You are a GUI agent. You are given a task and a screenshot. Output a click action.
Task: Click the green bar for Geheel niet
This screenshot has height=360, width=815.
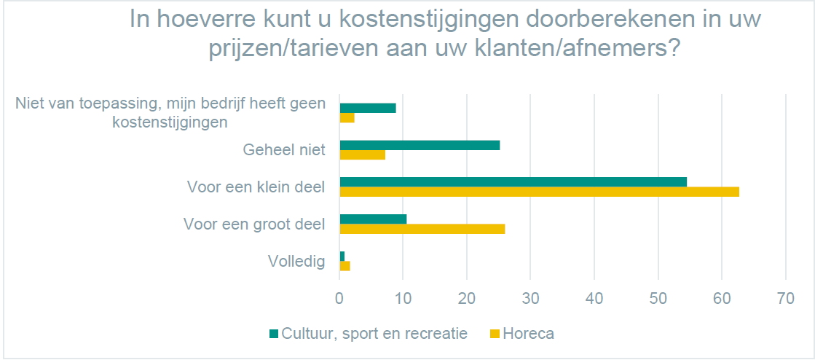point(420,145)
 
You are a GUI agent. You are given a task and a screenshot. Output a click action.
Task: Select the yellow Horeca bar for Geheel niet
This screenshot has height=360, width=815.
point(362,154)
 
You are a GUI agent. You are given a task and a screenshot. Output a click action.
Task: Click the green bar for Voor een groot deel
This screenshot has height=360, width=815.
point(373,219)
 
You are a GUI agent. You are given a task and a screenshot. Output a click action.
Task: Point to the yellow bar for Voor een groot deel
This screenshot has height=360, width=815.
point(422,229)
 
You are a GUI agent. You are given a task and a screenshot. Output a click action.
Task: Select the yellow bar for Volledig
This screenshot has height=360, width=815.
point(344,266)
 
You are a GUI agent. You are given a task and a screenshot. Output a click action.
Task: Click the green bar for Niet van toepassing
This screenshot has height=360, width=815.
point(368,108)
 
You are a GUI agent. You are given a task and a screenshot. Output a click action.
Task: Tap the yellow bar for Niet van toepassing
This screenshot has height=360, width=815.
point(347,118)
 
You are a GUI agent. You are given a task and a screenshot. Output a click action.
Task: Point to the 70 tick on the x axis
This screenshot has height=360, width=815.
point(785,298)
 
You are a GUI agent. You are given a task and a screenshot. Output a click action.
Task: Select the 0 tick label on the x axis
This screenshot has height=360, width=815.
point(339,298)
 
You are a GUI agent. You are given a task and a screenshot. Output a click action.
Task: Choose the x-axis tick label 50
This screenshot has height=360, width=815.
point(658,298)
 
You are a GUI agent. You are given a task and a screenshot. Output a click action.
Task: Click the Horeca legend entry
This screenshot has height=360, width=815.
point(528,334)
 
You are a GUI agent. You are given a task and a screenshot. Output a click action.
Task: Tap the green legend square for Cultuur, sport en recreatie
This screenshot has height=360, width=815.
point(274,334)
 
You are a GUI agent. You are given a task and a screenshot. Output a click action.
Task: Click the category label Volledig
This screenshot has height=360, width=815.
point(296,261)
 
